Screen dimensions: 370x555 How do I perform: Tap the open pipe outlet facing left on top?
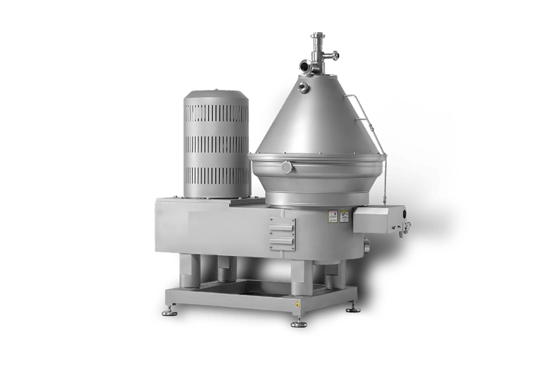pos(304,65)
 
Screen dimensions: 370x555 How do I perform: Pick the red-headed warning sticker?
pos(333,216)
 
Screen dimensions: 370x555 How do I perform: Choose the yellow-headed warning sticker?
pos(343,216)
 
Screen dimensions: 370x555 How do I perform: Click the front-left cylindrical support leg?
pos(189,271)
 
